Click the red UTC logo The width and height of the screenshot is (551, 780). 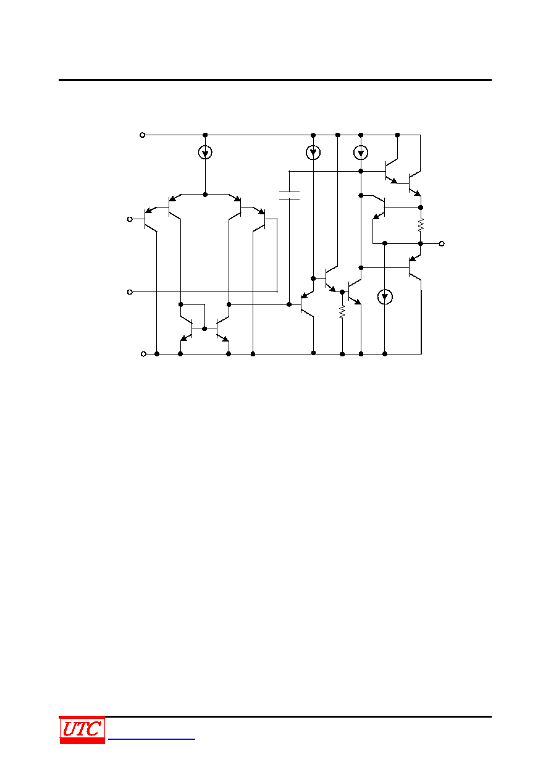[x=82, y=730]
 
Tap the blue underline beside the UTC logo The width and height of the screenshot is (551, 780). [x=151, y=739]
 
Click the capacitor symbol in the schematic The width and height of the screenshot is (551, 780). [x=289, y=195]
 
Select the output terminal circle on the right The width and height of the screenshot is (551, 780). [x=442, y=244]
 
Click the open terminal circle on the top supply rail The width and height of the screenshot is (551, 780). [x=142, y=135]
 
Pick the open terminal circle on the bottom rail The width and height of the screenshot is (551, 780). [x=143, y=354]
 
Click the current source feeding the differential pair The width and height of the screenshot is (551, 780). [x=205, y=153]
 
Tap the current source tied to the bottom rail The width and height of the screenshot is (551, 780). [x=385, y=297]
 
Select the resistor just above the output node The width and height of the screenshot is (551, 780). [x=421, y=225]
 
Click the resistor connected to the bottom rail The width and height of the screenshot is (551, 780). [x=342, y=312]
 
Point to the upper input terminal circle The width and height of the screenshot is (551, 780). [x=130, y=219]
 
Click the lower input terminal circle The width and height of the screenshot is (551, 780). [x=130, y=292]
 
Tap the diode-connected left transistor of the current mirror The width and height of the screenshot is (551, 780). [x=187, y=329]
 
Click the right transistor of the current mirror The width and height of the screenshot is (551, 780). [x=222, y=329]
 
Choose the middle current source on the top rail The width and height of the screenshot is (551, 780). [x=313, y=153]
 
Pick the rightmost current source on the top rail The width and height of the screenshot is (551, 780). [x=361, y=153]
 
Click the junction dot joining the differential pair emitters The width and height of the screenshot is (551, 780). [x=205, y=195]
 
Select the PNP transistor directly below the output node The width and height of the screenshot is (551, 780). [x=415, y=267]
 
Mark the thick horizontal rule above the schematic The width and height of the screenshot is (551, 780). [x=275, y=80]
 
